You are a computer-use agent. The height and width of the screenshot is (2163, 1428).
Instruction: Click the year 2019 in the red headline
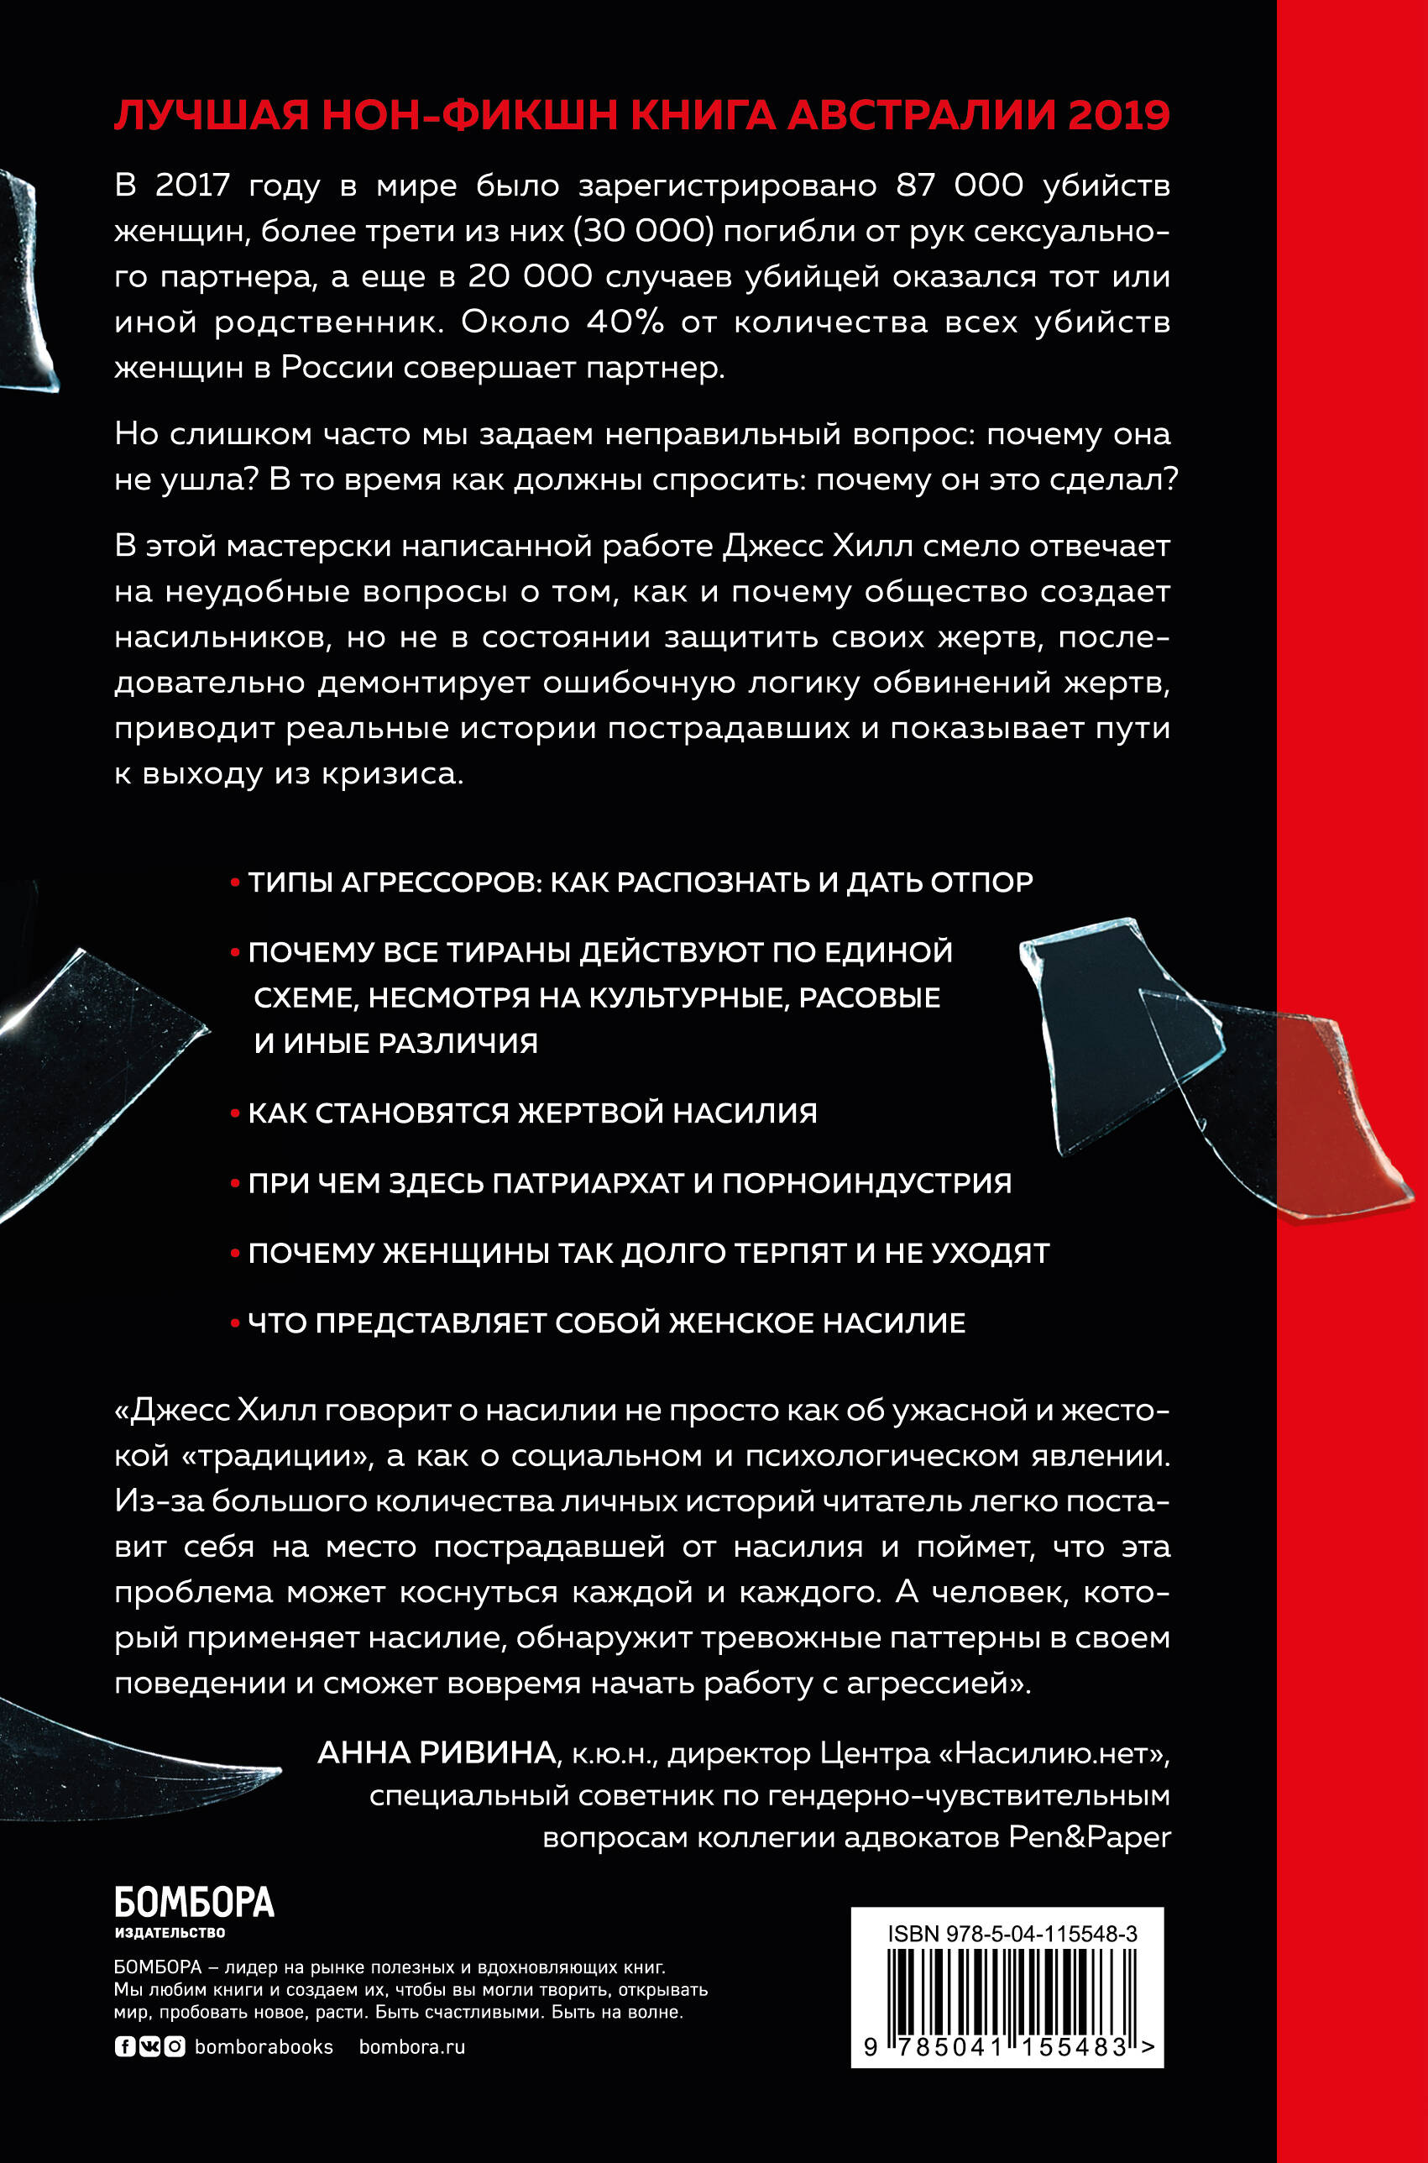(x=1119, y=117)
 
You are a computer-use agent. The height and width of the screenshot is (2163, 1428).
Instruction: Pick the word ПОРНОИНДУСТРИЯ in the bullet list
(x=867, y=1183)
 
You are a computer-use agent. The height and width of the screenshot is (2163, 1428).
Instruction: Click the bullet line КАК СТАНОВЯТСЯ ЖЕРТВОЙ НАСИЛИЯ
(x=532, y=1113)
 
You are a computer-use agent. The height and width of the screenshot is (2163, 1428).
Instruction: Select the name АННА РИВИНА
(x=437, y=1752)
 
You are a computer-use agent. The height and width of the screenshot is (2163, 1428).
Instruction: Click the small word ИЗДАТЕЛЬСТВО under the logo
(x=170, y=1933)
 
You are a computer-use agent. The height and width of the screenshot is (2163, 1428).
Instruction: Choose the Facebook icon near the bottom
(x=125, y=2047)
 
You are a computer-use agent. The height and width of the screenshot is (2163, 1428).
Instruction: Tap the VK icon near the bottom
(x=149, y=2047)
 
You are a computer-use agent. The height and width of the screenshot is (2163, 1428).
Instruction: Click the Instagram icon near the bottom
(x=175, y=2047)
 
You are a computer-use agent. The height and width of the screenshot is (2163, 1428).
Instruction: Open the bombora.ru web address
(x=411, y=2047)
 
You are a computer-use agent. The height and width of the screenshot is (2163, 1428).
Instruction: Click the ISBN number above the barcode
(x=1012, y=1935)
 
